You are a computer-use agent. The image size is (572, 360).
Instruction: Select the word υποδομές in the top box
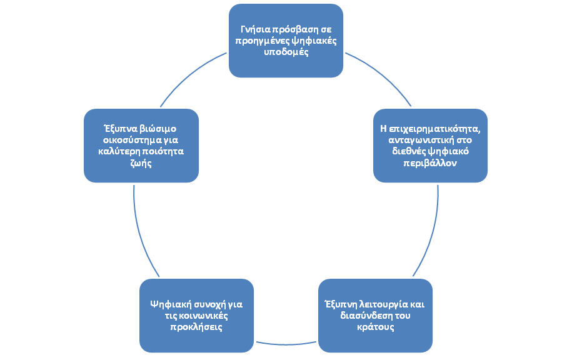(286, 52)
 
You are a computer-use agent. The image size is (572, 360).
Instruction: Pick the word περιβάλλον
(430, 162)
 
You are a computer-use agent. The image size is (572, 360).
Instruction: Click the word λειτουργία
(383, 304)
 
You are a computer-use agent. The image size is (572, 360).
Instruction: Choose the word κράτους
(375, 327)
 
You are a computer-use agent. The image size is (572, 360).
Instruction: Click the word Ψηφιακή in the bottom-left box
(171, 304)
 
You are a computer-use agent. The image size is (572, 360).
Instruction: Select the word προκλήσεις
(196, 327)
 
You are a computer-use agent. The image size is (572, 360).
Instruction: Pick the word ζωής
(141, 162)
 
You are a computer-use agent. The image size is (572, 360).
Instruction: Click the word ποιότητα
(163, 151)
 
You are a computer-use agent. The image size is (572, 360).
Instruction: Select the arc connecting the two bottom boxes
(286, 344)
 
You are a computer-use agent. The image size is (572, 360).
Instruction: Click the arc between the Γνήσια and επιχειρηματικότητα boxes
(381, 75)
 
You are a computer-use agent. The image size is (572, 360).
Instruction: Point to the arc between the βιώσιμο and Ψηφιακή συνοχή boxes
(141, 233)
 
